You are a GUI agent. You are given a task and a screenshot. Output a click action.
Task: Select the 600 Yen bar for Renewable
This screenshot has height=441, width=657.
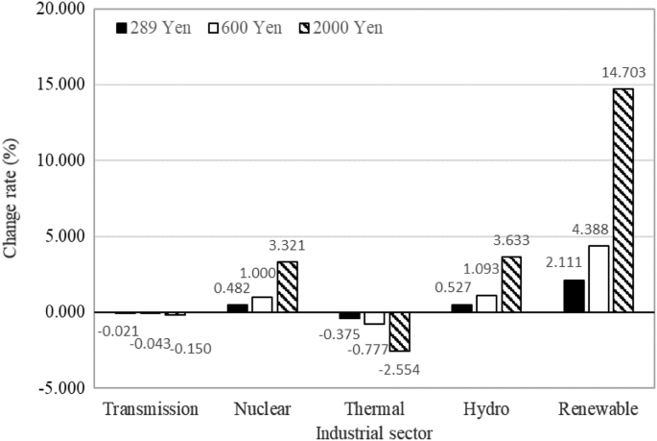[x=598, y=279]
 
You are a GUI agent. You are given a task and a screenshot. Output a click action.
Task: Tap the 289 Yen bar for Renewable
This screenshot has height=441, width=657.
[x=574, y=296]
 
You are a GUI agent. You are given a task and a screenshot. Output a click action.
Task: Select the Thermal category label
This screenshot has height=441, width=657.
[x=373, y=409]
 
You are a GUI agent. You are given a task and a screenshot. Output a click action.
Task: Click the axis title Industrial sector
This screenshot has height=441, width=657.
[x=374, y=431]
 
